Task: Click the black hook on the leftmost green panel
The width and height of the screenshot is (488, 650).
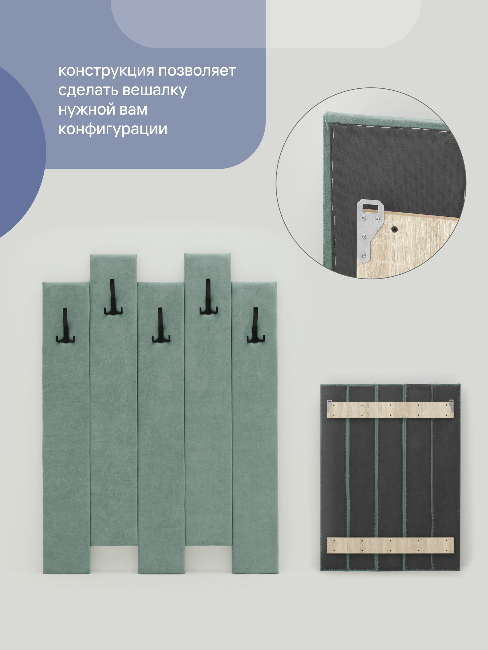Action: coord(65,325)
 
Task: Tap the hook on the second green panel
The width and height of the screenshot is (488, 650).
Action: coord(113,297)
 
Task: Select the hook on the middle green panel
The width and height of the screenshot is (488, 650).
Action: coord(161,325)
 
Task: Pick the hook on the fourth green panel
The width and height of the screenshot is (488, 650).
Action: coord(209,296)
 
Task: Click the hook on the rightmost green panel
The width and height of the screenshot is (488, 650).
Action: coord(256,325)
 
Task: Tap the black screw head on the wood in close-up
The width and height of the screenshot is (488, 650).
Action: coord(395,229)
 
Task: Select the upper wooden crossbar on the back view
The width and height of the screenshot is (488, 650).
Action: coord(390,410)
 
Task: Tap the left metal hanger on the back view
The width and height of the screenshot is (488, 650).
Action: coord(329,406)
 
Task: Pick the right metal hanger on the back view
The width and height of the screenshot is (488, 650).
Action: coord(451,406)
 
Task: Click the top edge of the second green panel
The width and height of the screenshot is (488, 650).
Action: coord(113,255)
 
